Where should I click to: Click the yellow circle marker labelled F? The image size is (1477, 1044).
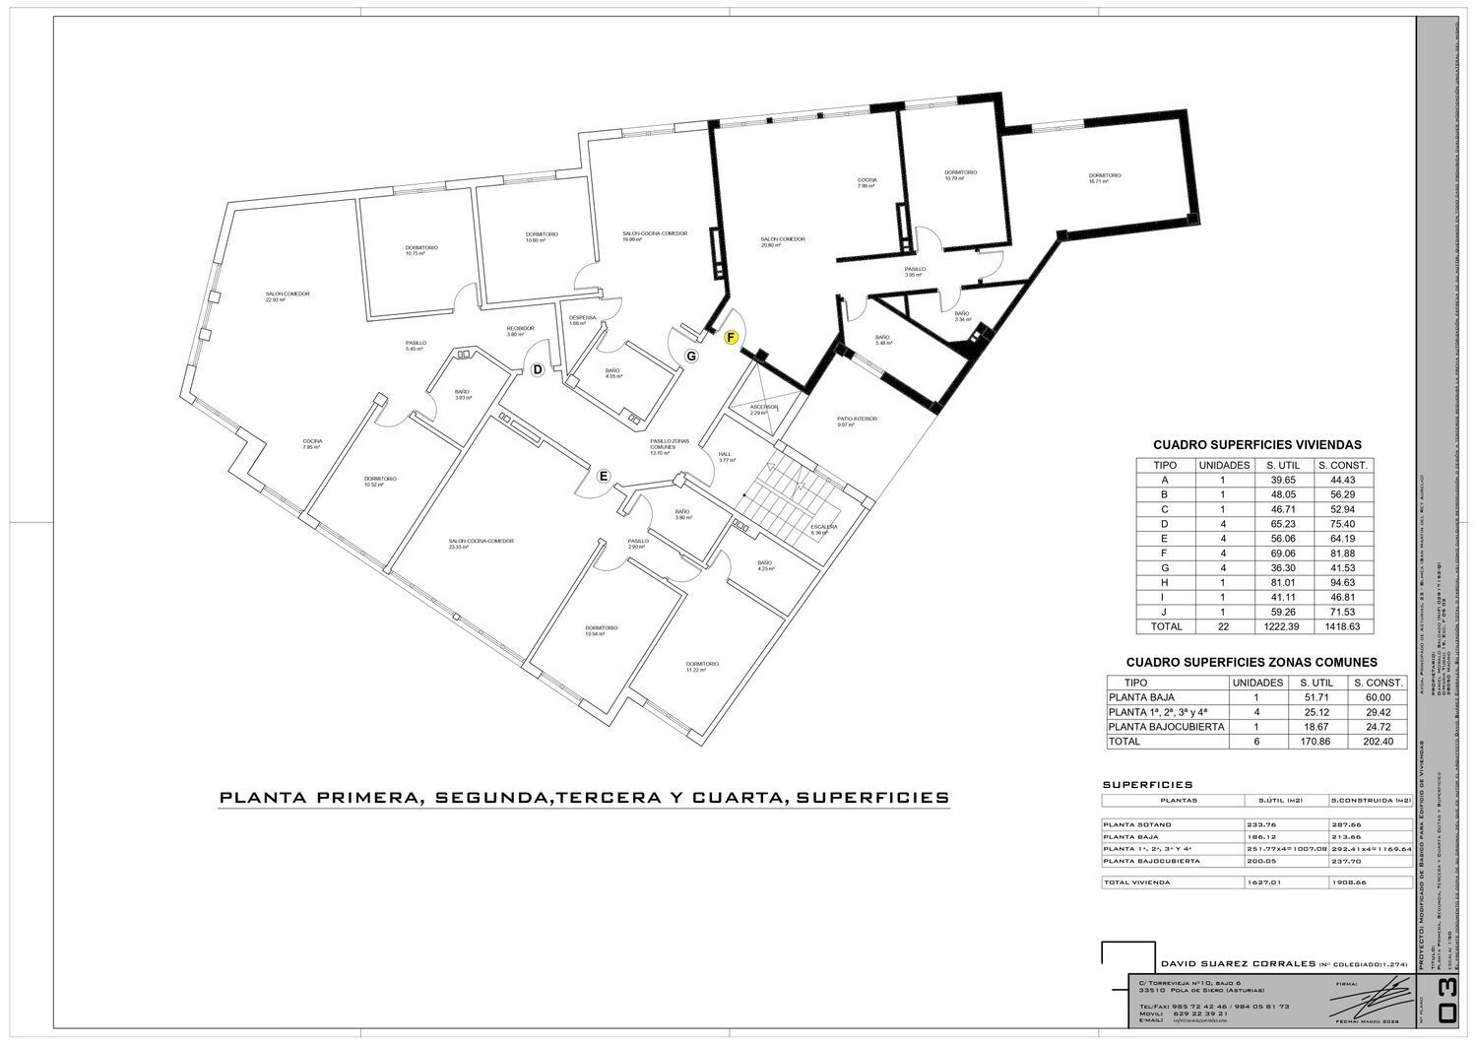[x=731, y=337]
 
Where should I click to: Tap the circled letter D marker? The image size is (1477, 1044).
[x=538, y=369]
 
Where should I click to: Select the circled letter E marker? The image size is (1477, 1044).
[x=605, y=477]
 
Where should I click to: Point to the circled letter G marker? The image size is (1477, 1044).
[x=691, y=355]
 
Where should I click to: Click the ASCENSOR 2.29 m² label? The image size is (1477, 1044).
[x=764, y=410]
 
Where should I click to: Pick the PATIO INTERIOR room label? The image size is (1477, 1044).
[x=857, y=422]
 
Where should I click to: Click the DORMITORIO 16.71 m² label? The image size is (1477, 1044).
[x=1105, y=178]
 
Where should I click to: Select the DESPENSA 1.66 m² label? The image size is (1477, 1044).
[x=583, y=320]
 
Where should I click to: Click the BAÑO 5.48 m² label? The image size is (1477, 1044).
[x=882, y=340]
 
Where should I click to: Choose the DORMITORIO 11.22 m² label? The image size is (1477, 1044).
[x=702, y=667]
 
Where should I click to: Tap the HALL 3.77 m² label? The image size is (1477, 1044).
[x=727, y=457]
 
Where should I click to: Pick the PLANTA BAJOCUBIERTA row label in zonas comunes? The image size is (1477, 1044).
[x=1166, y=726]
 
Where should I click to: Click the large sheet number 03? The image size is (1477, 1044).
[x=1447, y=1011]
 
